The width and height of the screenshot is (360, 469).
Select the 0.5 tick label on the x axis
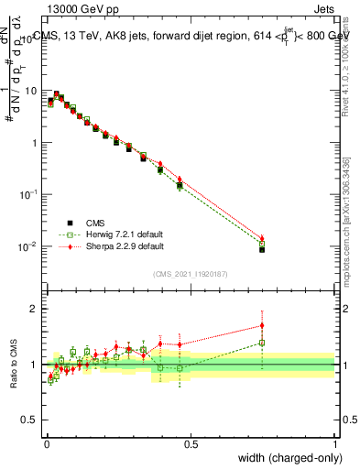click(191, 442)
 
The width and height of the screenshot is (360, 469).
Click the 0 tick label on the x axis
click(47, 442)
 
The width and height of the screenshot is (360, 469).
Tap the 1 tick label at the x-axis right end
click(335, 442)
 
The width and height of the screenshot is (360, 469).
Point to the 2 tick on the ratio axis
click(33, 309)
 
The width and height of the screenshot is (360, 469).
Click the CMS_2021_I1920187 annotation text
click(191, 274)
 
